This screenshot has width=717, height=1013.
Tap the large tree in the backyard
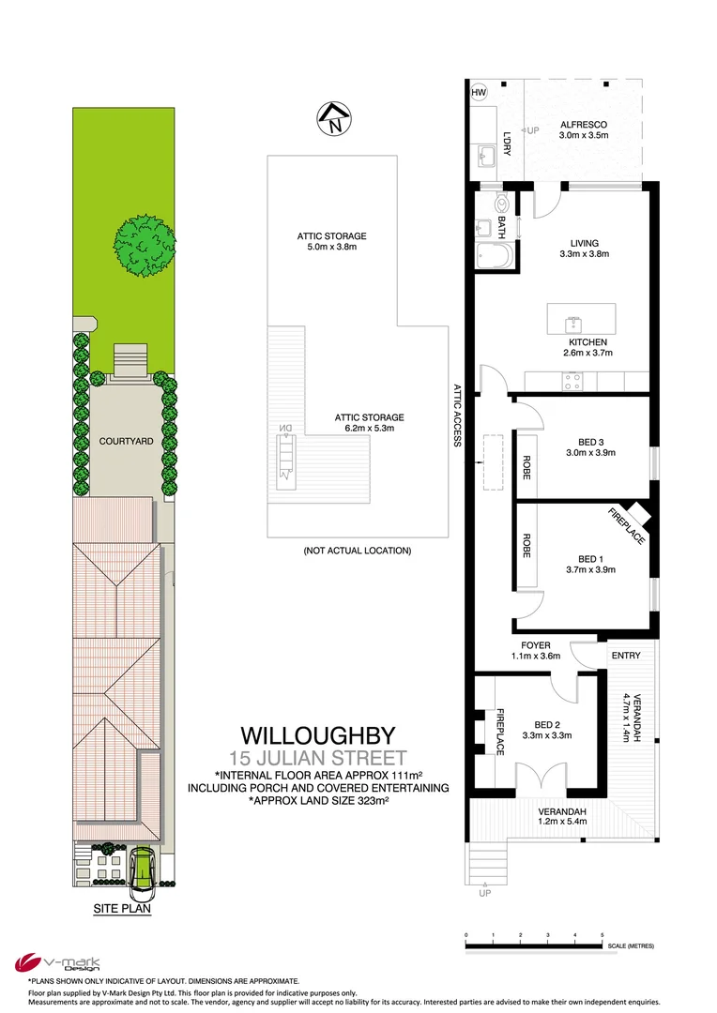click(x=145, y=246)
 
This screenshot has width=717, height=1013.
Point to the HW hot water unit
click(x=479, y=93)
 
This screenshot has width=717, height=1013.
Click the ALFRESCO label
click(x=584, y=125)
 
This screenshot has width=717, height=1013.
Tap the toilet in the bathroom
click(x=501, y=204)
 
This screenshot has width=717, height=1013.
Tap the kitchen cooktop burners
click(x=572, y=381)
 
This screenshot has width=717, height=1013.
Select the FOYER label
click(x=536, y=645)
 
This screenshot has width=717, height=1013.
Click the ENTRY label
click(x=625, y=656)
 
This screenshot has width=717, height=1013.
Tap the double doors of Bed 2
click(x=542, y=777)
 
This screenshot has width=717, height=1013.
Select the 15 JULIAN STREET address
click(x=318, y=758)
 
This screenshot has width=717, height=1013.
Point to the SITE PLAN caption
click(x=122, y=908)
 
